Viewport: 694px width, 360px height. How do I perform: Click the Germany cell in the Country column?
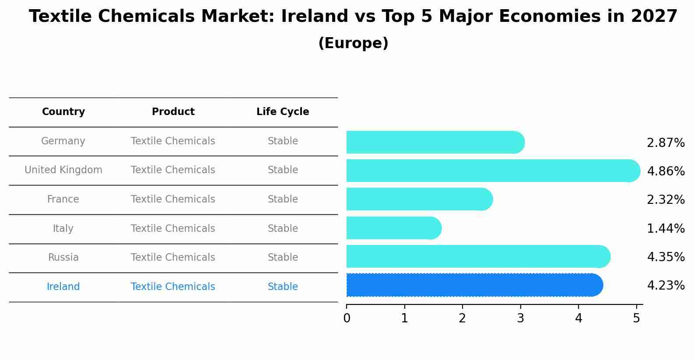pyautogui.click(x=63, y=141)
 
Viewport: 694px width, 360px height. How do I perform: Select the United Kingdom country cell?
pyautogui.click(x=63, y=170)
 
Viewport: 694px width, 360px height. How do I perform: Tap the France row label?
pyautogui.click(x=63, y=199)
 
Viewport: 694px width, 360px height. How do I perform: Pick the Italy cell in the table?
pyautogui.click(x=63, y=229)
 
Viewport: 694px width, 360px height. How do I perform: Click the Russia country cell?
pyautogui.click(x=63, y=258)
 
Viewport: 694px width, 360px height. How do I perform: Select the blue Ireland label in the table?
pyautogui.click(x=63, y=287)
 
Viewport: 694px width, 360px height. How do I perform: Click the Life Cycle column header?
pyautogui.click(x=283, y=112)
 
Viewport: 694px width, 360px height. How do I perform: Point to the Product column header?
pyautogui.click(x=173, y=112)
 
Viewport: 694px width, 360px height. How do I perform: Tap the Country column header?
pyautogui.click(x=63, y=112)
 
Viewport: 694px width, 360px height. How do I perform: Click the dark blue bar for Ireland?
pyautogui.click(x=473, y=285)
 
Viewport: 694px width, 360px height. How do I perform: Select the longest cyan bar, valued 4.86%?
pyautogui.click(x=490, y=171)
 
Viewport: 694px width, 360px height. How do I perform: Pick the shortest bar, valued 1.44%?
pyautogui.click(x=392, y=228)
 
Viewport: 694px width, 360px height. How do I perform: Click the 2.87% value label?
pyautogui.click(x=666, y=143)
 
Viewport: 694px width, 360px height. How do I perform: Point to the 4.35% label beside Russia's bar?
pyautogui.click(x=666, y=257)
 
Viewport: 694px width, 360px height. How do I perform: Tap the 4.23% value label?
pyautogui.click(x=666, y=286)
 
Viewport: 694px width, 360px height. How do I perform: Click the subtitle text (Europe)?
pyautogui.click(x=353, y=43)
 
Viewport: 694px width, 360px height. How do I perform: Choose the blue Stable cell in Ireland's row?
pyautogui.click(x=283, y=287)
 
